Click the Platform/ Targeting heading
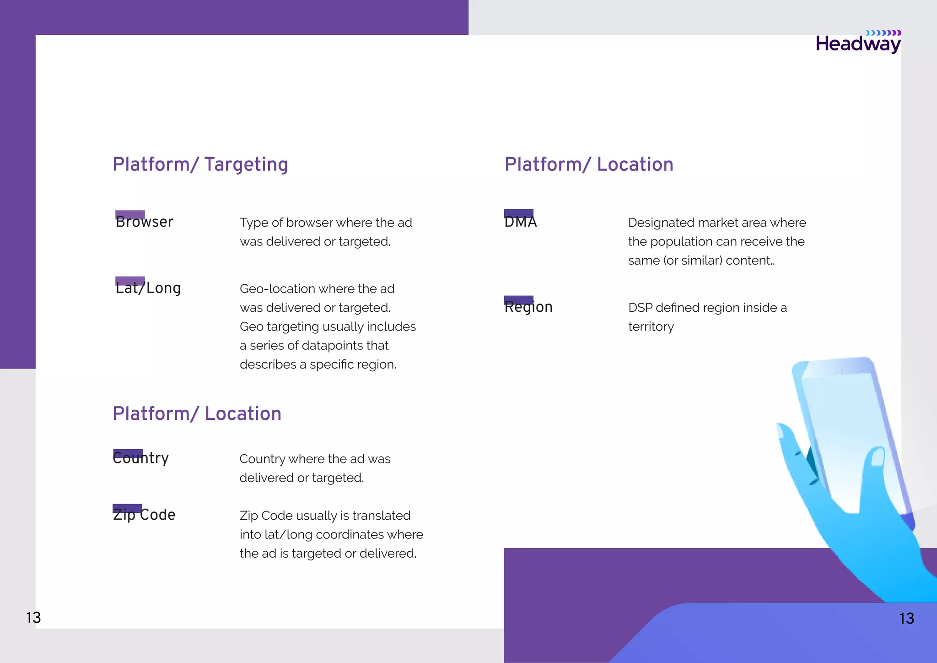point(200,165)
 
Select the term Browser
point(145,222)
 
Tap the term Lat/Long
point(148,288)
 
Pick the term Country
point(141,458)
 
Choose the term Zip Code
point(144,515)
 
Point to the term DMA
point(520,222)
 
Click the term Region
point(528,307)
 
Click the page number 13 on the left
point(33,618)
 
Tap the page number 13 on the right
point(906,619)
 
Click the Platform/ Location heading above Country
point(197,414)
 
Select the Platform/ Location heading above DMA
point(589,165)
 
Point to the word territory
point(651,327)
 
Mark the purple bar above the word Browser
point(130,214)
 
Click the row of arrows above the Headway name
point(883,33)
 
